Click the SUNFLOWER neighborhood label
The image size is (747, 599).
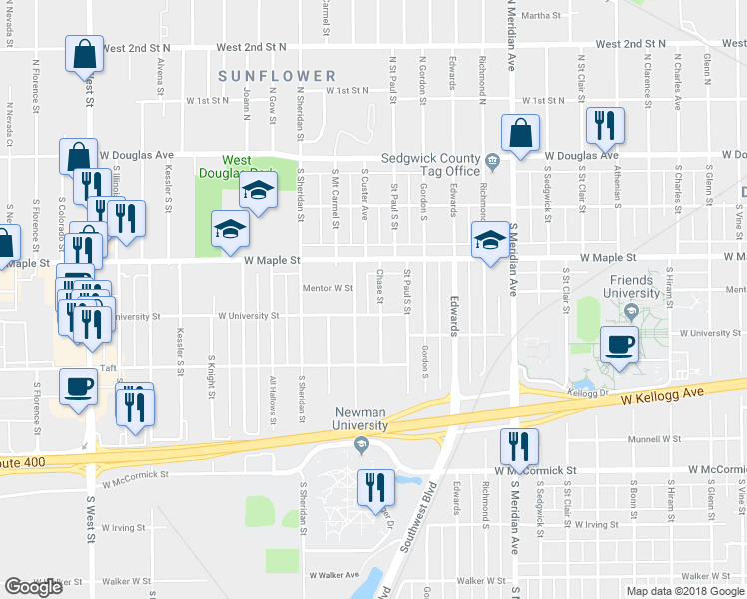click(x=277, y=76)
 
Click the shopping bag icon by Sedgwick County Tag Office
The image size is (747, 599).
click(x=520, y=133)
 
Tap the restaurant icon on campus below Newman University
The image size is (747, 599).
click(x=375, y=487)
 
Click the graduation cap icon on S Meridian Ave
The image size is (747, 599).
click(x=490, y=241)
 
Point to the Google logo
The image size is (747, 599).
click(x=33, y=587)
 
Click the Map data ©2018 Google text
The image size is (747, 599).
click(x=684, y=591)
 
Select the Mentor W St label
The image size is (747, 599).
click(x=328, y=288)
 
